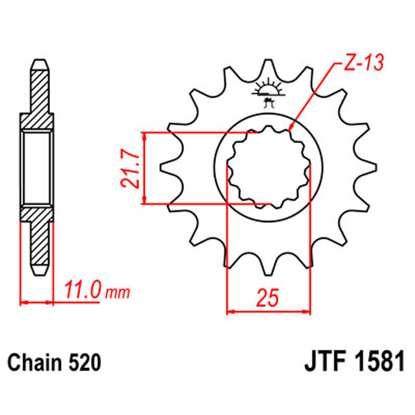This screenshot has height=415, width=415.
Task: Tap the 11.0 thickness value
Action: click(x=82, y=291)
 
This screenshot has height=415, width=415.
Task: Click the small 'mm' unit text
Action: click(x=117, y=293)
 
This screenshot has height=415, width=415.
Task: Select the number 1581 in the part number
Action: click(x=378, y=362)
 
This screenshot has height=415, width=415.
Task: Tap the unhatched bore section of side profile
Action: click(x=37, y=167)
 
